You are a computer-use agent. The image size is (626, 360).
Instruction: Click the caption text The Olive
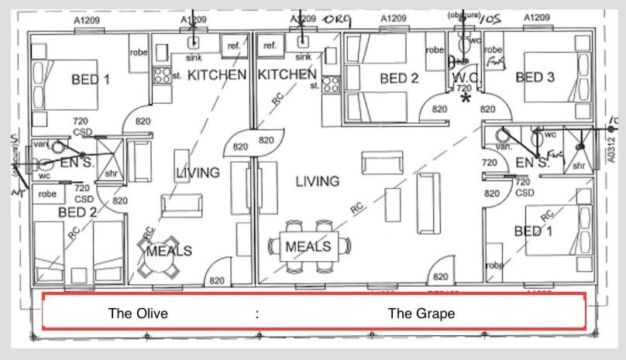coord(138,314)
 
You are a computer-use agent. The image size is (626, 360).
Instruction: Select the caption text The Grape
coord(421,314)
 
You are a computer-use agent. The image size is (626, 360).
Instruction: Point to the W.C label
coord(463,77)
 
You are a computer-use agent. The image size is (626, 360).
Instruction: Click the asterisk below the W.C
coord(466,98)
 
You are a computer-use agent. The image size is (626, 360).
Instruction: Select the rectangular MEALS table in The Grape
coord(308,246)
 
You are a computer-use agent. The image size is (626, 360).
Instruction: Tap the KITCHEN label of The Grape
coord(287,75)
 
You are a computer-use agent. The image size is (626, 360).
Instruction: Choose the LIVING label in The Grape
coord(317,181)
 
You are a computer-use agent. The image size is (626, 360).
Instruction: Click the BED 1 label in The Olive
coord(91,79)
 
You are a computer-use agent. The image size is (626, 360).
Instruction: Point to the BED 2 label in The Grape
coord(399,77)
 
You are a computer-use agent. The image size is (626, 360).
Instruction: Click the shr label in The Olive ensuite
coord(110,173)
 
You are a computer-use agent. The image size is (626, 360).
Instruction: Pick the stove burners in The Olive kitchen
coord(163,75)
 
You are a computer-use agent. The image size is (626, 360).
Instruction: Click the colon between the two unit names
coord(256,314)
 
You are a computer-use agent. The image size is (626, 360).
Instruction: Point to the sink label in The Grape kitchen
coord(304,57)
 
